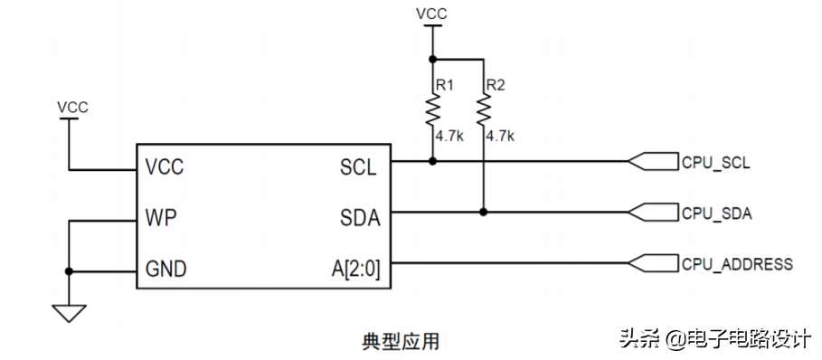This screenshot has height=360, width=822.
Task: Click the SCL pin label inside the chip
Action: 358,167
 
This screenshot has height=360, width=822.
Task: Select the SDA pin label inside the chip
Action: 359,218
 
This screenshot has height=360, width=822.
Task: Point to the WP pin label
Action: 160,218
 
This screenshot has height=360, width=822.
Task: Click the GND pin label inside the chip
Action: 166,269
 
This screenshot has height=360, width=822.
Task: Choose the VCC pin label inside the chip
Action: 165,167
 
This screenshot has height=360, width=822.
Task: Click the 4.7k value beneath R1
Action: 449,137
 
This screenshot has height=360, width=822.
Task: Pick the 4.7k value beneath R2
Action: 500,137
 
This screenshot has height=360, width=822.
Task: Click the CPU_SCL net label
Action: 716,163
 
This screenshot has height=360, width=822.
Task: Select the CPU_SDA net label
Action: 717,213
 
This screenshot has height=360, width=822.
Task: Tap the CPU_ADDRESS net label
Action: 737,264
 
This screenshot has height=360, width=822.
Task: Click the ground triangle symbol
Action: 69,313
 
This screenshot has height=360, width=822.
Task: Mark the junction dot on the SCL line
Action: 433,162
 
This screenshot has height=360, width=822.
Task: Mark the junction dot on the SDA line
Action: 484,213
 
